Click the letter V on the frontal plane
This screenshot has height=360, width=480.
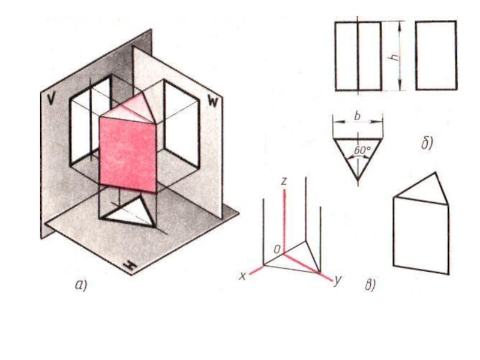[52, 99]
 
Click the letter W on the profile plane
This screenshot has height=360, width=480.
[213, 100]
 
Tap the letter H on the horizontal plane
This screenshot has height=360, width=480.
[130, 265]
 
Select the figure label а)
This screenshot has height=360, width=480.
[81, 285]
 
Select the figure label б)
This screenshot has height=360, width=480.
[427, 143]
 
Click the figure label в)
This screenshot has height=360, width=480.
[370, 285]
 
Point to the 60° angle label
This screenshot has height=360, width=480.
[362, 151]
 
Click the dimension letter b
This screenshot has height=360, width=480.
[357, 116]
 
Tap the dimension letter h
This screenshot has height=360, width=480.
[395, 56]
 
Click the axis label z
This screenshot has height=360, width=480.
[284, 181]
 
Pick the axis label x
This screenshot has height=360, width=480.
[242, 277]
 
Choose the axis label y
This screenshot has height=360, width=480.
[338, 280]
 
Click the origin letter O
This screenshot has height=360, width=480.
[277, 250]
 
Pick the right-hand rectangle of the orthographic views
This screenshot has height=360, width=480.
[436, 55]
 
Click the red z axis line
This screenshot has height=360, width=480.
[284, 221]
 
